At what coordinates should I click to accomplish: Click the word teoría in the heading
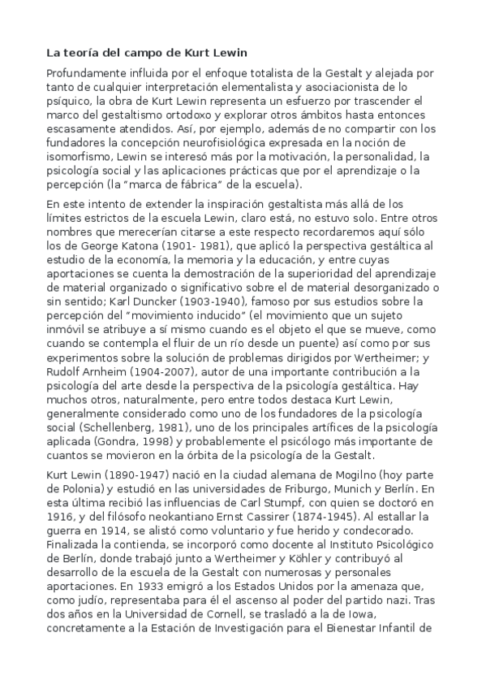[84, 54]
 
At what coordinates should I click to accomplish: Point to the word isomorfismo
[78, 157]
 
